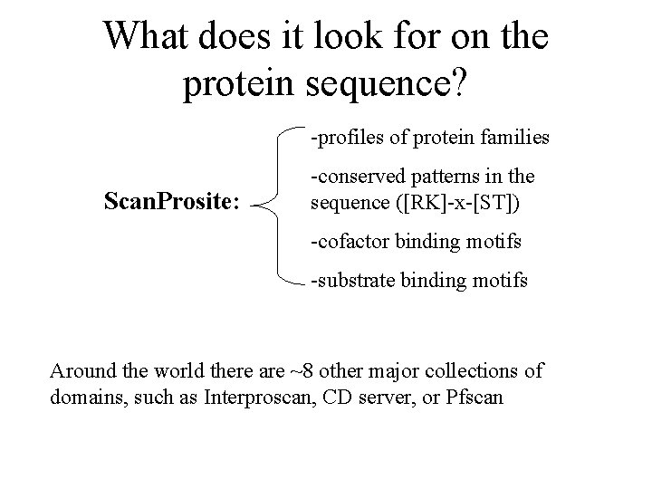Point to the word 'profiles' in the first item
[344, 139]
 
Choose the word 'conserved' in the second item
[355, 176]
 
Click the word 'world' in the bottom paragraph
[177, 370]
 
